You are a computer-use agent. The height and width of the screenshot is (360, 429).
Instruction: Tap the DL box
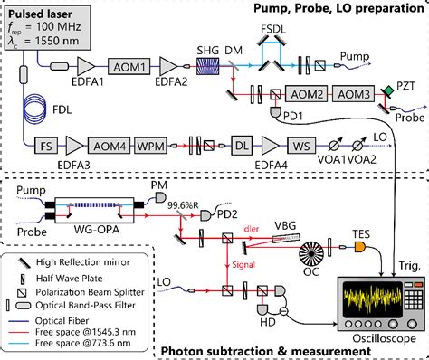pos(241,144)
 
